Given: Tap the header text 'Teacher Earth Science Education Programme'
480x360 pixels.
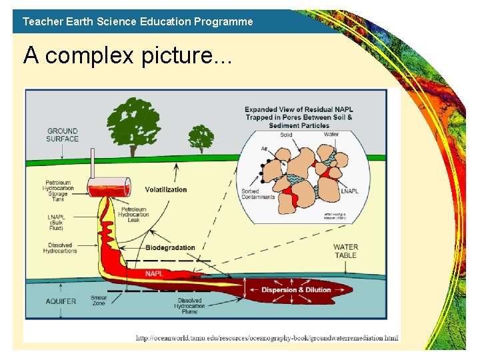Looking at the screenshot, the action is click(138, 21).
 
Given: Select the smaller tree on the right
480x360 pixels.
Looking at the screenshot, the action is click(201, 138).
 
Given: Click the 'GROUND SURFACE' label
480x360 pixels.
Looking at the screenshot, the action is click(62, 135).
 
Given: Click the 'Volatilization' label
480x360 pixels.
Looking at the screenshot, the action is click(166, 189).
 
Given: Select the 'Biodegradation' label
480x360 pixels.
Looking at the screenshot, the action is click(170, 247).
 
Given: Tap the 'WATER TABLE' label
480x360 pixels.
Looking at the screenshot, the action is click(345, 251).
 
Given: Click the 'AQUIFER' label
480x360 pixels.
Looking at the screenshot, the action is click(61, 301).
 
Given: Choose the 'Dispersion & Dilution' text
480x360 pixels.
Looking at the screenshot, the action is click(297, 290).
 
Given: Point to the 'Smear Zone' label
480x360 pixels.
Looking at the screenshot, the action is click(99, 301).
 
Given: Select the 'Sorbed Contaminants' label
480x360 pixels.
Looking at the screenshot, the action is click(259, 195).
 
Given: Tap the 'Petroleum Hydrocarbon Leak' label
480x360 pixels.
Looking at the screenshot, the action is click(134, 214).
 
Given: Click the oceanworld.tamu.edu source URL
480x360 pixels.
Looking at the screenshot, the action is click(267, 338).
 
